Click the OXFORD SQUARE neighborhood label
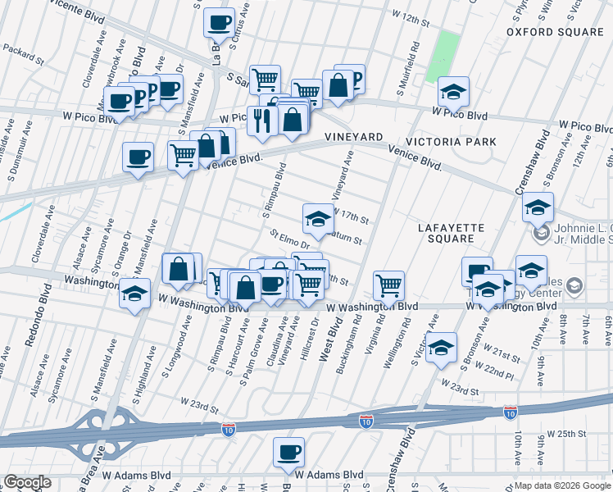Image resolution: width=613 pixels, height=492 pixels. point(555,32)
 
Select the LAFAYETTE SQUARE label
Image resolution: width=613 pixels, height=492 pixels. point(450,233)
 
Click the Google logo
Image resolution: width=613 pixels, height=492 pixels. point(27,482)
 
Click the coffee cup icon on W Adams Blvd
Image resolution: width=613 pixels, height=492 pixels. point(288,453)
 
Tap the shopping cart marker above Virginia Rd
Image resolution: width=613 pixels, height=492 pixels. point(388,286)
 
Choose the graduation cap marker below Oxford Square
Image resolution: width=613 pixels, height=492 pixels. point(452,93)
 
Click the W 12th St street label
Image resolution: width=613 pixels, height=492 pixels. point(411,16)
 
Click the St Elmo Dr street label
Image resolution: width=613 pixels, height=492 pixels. point(290,239)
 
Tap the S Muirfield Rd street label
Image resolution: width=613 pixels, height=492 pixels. point(415,58)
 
